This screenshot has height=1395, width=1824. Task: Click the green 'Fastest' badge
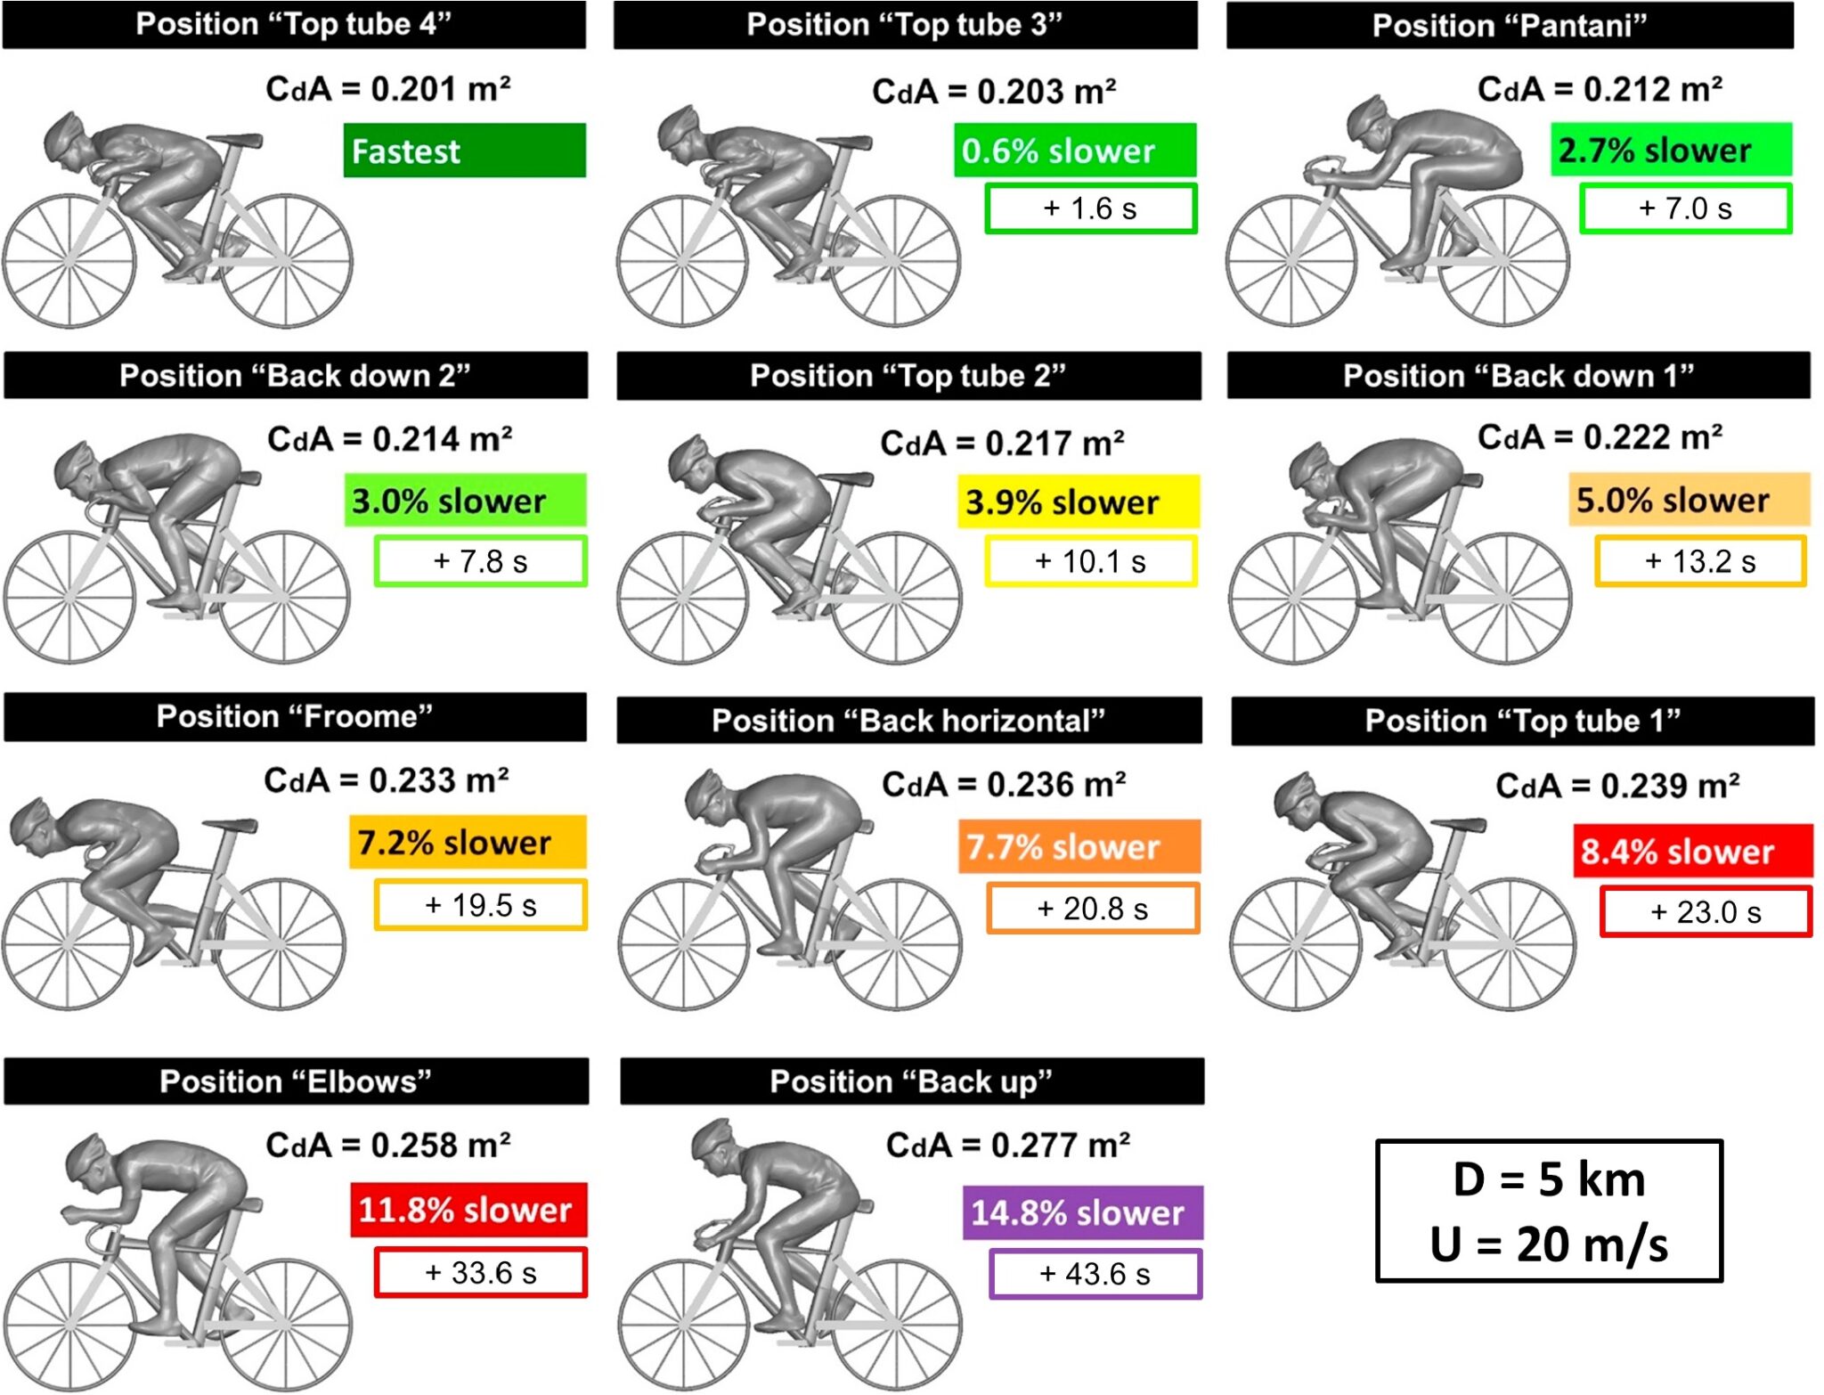pyautogui.click(x=464, y=151)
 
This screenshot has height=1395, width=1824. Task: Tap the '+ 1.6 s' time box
pyautogui.click(x=1090, y=208)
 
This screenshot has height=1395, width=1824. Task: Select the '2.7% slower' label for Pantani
pyautogui.click(x=1671, y=150)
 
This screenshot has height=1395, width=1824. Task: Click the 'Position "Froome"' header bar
pyautogui.click(x=295, y=717)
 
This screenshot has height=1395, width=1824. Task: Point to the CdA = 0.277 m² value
pyautogui.click(x=1007, y=1145)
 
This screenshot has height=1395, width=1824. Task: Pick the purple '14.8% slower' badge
pyautogui.click(x=1082, y=1212)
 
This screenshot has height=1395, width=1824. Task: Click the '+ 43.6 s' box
pyautogui.click(x=1095, y=1274)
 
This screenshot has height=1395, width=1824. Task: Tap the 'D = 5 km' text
pyautogui.click(x=1549, y=1179)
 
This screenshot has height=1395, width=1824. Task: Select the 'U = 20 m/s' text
pyautogui.click(x=1549, y=1244)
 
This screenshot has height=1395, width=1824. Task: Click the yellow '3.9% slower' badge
pyautogui.click(x=1078, y=502)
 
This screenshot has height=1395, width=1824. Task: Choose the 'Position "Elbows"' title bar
pyautogui.click(x=296, y=1081)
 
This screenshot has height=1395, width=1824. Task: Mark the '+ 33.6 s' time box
pyautogui.click(x=480, y=1273)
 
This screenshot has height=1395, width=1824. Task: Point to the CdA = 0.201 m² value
pyautogui.click(x=387, y=89)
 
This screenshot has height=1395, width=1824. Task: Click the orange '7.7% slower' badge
pyautogui.click(x=1079, y=846)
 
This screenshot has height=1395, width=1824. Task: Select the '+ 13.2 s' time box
pyautogui.click(x=1700, y=561)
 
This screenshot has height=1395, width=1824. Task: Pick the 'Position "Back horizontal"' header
pyautogui.click(x=908, y=721)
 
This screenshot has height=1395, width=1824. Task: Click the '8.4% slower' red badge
pyautogui.click(x=1692, y=851)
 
